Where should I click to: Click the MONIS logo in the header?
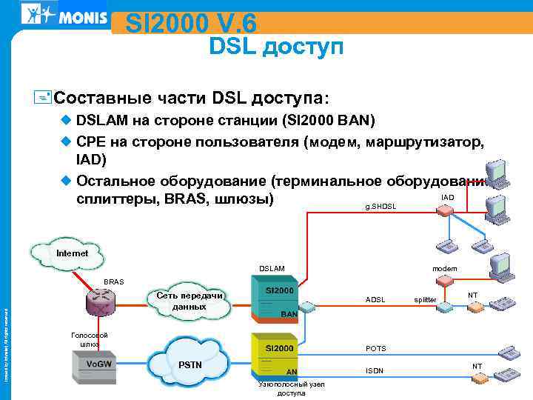pyautogui.click(x=64, y=15)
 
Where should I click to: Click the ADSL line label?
pyautogui.click(x=375, y=300)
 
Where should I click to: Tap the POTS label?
pyautogui.click(x=376, y=348)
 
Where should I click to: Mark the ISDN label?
pyautogui.click(x=375, y=370)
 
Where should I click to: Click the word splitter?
pyautogui.click(x=425, y=300)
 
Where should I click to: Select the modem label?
pyautogui.click(x=445, y=268)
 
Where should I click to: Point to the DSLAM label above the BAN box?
pyautogui.click(x=272, y=268)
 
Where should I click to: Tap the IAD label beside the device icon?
pyautogui.click(x=447, y=198)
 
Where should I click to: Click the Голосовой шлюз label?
pyautogui.click(x=90, y=340)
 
